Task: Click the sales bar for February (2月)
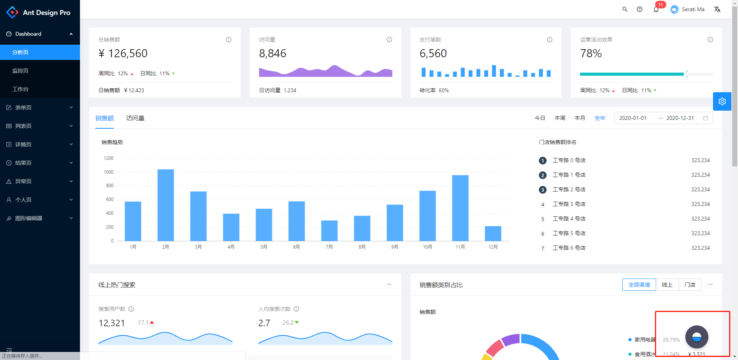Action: (166, 205)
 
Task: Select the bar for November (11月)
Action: (460, 208)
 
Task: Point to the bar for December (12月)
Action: (493, 234)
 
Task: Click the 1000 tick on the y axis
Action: (109, 172)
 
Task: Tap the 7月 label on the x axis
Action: (329, 247)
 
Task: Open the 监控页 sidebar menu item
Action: (20, 71)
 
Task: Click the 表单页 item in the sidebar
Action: (23, 108)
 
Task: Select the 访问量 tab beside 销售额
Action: (135, 118)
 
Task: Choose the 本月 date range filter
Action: (580, 118)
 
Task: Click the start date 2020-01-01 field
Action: (633, 118)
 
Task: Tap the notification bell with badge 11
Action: (656, 9)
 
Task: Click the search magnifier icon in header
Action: (625, 9)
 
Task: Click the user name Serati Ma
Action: (693, 9)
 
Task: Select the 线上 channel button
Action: (667, 285)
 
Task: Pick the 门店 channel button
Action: (690, 285)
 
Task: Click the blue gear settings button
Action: (722, 101)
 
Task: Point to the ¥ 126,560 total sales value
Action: (123, 53)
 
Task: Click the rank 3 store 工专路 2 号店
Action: (569, 189)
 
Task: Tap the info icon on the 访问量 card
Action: (389, 40)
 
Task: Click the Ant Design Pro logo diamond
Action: (12, 12)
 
